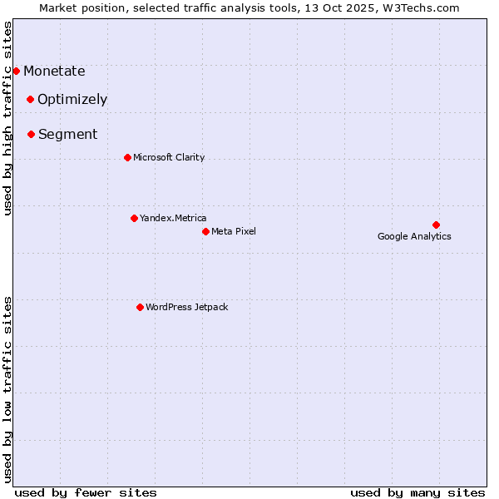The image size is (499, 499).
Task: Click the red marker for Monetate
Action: [x=16, y=71]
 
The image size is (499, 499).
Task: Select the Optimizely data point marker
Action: [x=30, y=99]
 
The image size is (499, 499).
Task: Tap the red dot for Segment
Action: [x=31, y=134]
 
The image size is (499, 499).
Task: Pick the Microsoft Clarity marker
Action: [x=127, y=157]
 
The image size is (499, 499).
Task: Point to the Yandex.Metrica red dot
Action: [x=134, y=218]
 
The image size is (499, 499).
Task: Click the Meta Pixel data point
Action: [x=205, y=231]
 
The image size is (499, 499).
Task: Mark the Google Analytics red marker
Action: [x=436, y=225]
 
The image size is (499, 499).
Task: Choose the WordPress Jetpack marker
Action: [x=140, y=307]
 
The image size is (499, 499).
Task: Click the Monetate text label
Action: [x=54, y=72]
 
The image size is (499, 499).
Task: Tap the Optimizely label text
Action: [x=72, y=100]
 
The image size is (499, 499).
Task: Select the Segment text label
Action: [x=67, y=135]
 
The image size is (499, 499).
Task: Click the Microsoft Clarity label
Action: [x=169, y=158]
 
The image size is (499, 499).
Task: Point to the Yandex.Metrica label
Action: [x=173, y=219]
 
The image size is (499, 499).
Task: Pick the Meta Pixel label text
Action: [x=234, y=231]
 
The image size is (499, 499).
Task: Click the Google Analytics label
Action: [x=414, y=236]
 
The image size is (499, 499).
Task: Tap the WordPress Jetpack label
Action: [x=186, y=308]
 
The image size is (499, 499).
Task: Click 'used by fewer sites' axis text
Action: [x=86, y=492]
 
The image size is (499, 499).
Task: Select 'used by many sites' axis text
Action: [x=417, y=492]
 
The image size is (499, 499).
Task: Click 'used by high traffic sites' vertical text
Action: [x=8, y=118]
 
